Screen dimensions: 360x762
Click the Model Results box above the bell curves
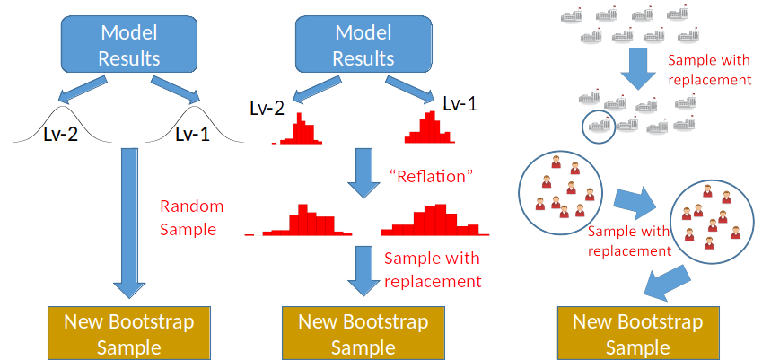(x=128, y=46)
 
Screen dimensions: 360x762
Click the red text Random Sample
(x=191, y=217)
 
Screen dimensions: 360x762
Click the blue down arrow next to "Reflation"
(x=363, y=174)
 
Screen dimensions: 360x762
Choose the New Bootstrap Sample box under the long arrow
(x=128, y=334)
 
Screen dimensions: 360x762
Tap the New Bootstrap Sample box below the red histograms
(x=363, y=334)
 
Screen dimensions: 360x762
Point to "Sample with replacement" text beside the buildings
(x=710, y=70)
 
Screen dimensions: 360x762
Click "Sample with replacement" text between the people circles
(x=628, y=241)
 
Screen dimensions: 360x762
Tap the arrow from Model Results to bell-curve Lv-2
(x=77, y=92)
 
